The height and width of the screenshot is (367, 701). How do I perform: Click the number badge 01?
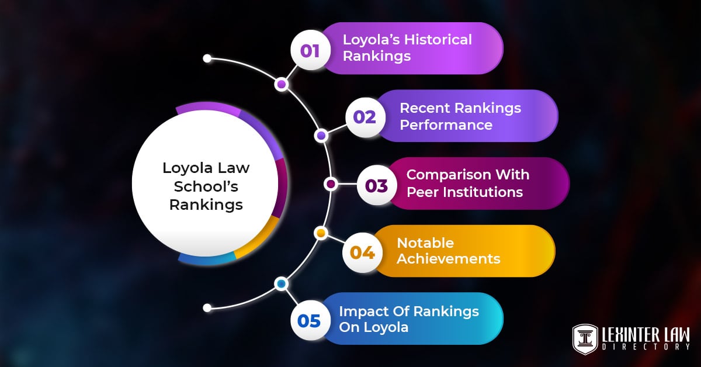click(x=310, y=50)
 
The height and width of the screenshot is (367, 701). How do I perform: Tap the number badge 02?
click(x=364, y=117)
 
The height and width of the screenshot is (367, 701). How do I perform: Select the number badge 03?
click(x=376, y=185)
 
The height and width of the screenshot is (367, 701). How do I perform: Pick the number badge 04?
click(x=362, y=252)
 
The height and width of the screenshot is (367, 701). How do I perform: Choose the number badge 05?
click(x=310, y=320)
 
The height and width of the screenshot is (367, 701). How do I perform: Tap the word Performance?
click(x=446, y=124)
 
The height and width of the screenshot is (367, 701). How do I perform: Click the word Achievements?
click(x=449, y=258)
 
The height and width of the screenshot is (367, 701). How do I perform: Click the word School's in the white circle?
click(x=206, y=186)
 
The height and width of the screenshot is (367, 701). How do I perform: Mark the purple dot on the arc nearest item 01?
click(x=282, y=85)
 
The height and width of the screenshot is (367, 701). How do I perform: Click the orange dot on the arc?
click(x=320, y=233)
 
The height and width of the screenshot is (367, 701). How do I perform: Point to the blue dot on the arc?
click(x=282, y=284)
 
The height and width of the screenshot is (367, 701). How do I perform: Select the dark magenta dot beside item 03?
click(x=331, y=184)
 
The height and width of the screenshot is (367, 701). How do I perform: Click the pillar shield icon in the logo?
click(x=585, y=339)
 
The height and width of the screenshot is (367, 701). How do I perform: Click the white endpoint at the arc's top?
click(x=207, y=58)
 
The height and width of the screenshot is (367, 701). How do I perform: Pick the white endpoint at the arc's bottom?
click(x=207, y=307)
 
